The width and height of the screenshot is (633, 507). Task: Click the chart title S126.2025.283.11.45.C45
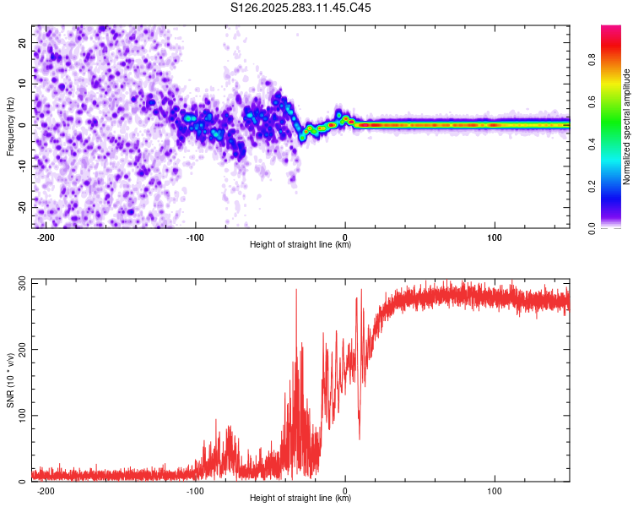pyautogui.click(x=301, y=8)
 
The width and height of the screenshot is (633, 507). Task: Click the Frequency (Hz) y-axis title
pyautogui.click(x=10, y=126)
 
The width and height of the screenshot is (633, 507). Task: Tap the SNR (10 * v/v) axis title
pyautogui.click(x=10, y=379)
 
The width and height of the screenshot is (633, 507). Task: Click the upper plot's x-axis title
pyautogui.click(x=300, y=244)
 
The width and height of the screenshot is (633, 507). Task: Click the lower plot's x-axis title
pyautogui.click(x=300, y=498)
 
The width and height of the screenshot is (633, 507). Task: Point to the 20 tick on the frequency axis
pyautogui.click(x=22, y=42)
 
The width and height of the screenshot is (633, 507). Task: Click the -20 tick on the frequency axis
pyautogui.click(x=20, y=207)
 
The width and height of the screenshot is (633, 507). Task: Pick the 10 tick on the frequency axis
pyautogui.click(x=22, y=84)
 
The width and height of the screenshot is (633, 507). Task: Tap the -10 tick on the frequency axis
pyautogui.click(x=20, y=166)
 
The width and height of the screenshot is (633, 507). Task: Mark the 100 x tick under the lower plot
pyautogui.click(x=495, y=490)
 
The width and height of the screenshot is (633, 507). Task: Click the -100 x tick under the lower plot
pyautogui.click(x=195, y=490)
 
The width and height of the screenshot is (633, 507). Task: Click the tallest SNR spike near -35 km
pyautogui.click(x=296, y=291)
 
